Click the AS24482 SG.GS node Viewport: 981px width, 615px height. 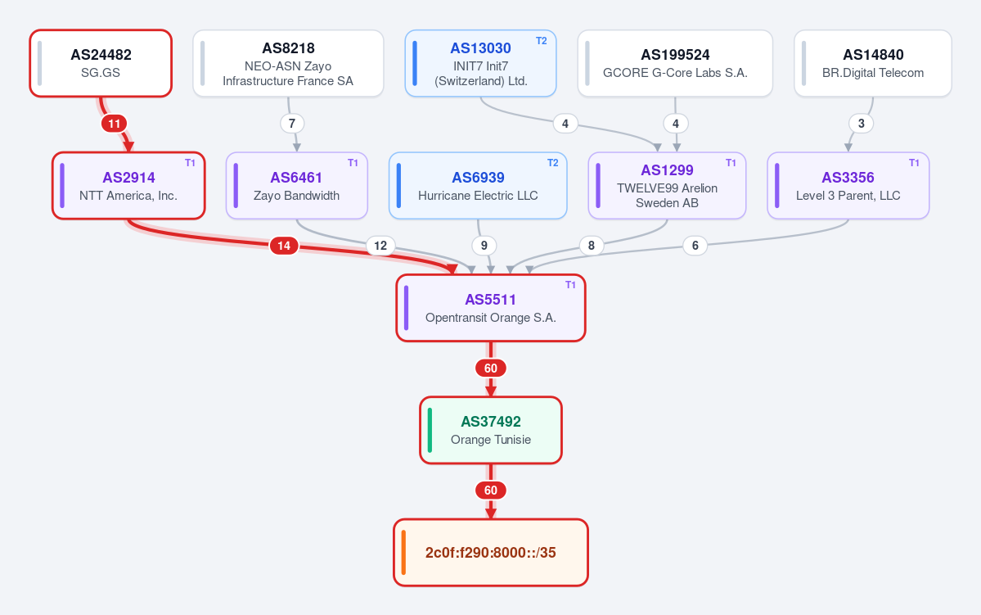101,63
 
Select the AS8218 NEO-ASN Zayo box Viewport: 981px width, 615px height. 289,63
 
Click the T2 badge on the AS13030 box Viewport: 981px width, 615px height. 541,41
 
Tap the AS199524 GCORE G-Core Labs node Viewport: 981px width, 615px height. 675,63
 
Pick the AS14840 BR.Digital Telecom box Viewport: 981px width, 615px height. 873,63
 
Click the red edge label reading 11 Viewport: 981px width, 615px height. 114,124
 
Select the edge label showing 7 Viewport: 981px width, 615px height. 292,124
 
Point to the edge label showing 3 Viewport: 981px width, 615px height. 861,124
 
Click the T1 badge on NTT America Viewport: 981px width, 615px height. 190,163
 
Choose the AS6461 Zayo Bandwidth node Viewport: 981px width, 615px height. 296,186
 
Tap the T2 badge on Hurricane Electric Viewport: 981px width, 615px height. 552,163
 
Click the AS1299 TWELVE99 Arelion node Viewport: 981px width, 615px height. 667,186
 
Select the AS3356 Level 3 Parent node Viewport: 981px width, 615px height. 848,186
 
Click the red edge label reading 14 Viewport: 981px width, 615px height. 284,246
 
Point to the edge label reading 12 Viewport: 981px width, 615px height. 380,246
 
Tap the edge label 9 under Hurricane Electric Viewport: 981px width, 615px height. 484,246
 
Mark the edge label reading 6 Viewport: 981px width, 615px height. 695,246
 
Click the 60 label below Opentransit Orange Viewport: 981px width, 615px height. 491,369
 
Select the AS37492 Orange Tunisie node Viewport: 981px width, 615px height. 491,430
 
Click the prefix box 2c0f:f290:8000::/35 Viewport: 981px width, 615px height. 491,553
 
